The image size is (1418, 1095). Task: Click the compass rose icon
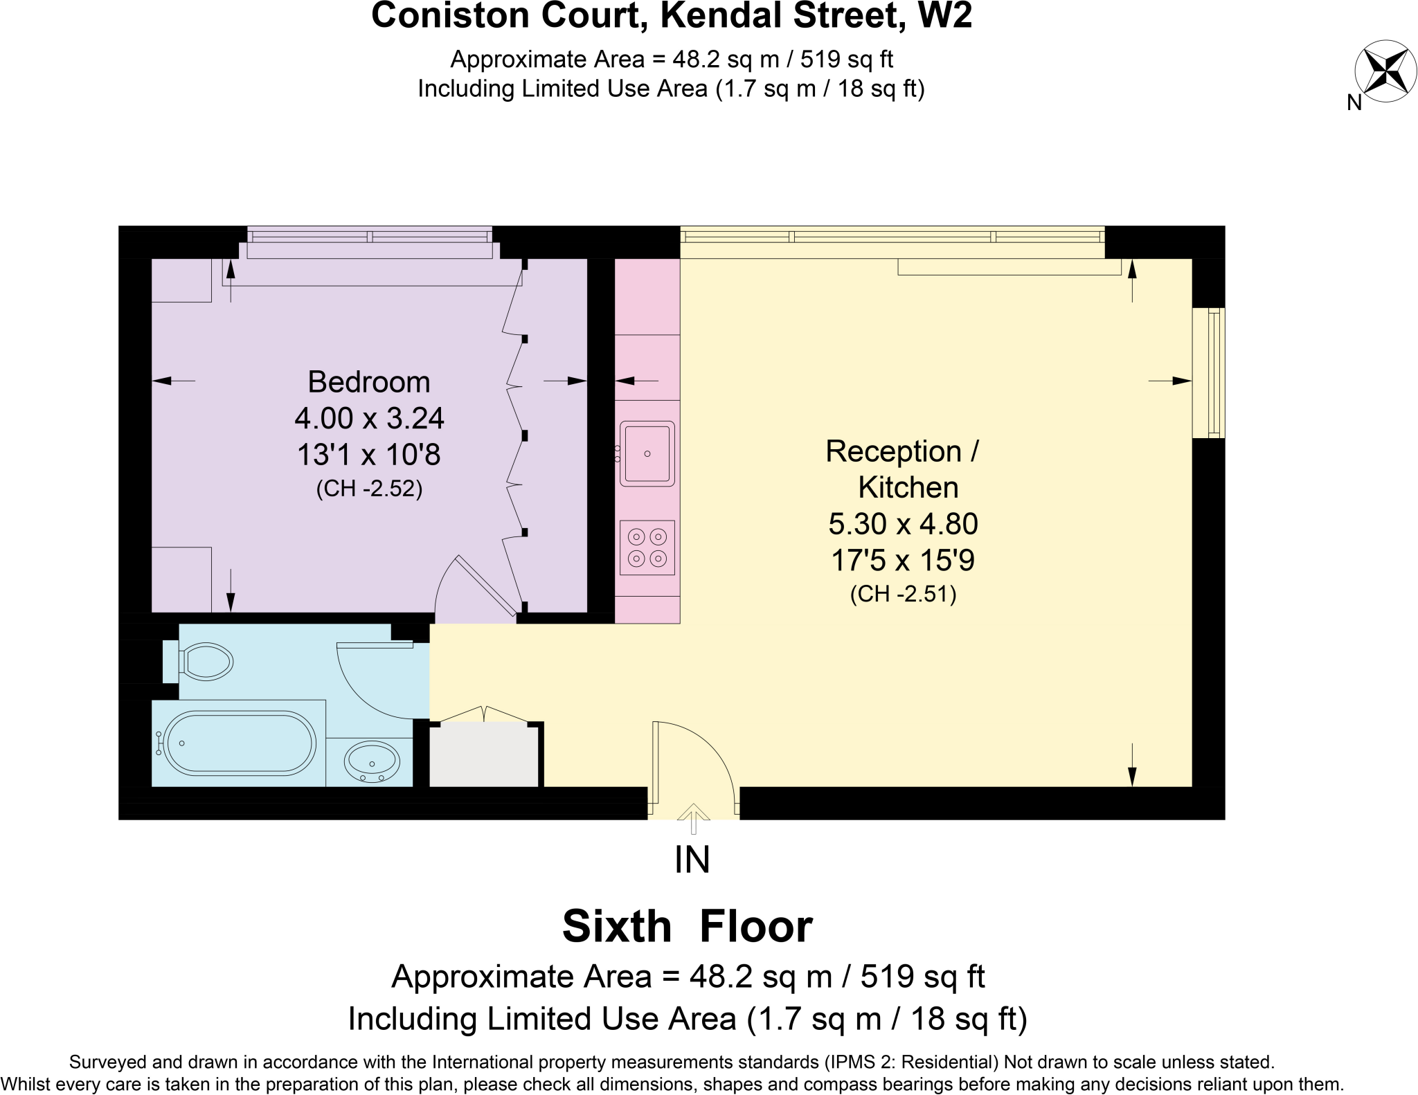pos(1385,71)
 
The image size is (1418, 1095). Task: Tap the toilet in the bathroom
pos(205,661)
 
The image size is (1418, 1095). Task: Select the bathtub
pos(240,743)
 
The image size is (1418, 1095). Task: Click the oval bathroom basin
pos(372,761)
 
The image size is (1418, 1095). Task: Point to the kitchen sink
pos(647,453)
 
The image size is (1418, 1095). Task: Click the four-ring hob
pos(647,547)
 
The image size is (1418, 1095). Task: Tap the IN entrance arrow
pos(693,817)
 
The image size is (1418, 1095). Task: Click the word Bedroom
pos(368,382)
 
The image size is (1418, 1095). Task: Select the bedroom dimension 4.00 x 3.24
pos(368,418)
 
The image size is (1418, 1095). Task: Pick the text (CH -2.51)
pos(903,594)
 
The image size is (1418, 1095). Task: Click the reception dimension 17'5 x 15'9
pos(903,560)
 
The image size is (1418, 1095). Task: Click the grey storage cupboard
pos(484,754)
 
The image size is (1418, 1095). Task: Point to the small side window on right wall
pos(1210,372)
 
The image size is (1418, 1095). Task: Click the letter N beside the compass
pos(1354,102)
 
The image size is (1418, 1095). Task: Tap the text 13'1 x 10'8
pos(368,455)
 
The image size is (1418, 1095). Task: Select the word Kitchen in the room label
pos(908,487)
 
